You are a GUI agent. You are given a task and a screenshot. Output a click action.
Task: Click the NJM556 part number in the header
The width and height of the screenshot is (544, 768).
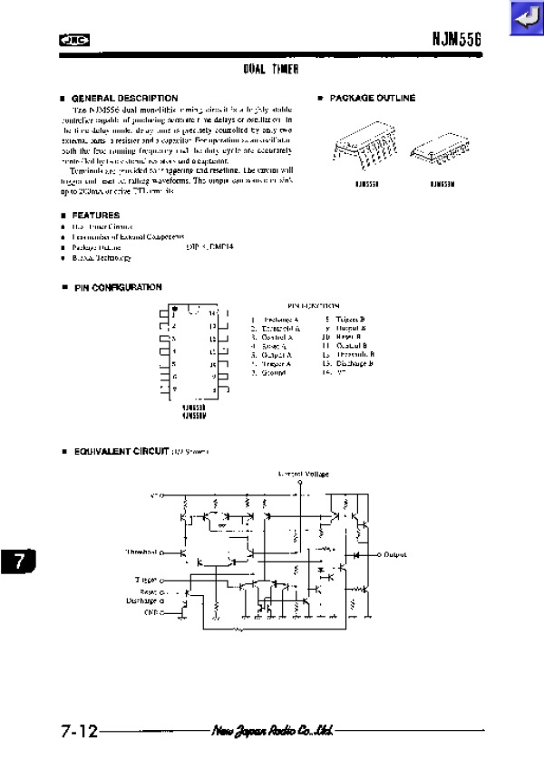462,40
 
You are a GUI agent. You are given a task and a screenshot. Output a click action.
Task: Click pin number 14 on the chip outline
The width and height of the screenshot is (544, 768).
212,313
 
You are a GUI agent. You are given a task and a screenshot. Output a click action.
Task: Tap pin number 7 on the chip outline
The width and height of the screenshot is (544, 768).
174,389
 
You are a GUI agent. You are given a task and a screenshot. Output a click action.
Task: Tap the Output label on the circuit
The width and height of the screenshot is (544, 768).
395,554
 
